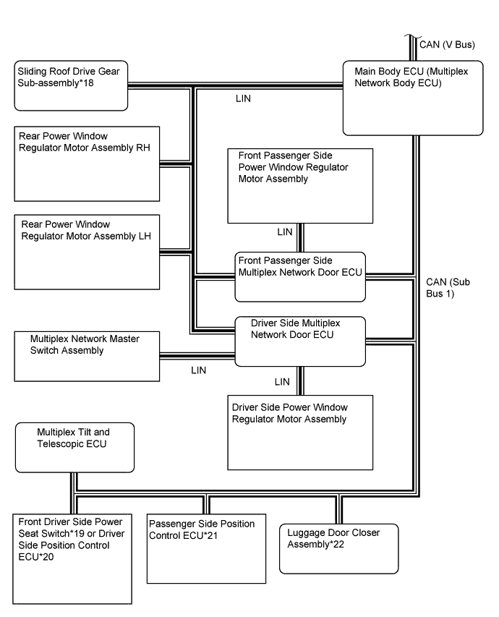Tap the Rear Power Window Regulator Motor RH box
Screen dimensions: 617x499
[x=87, y=163]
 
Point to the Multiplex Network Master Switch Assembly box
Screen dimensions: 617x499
[x=87, y=355]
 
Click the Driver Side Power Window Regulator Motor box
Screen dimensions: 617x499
[x=300, y=433]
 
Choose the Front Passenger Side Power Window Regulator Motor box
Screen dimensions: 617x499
[x=300, y=186]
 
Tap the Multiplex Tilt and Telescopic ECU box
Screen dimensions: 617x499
[x=74, y=447]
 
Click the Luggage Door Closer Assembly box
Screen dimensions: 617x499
[x=338, y=548]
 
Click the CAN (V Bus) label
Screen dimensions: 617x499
[x=447, y=45]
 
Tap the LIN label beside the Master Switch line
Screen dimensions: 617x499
[x=198, y=370]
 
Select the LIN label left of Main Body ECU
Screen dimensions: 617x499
[x=243, y=98]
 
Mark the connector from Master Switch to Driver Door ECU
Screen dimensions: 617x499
[x=197, y=356]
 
